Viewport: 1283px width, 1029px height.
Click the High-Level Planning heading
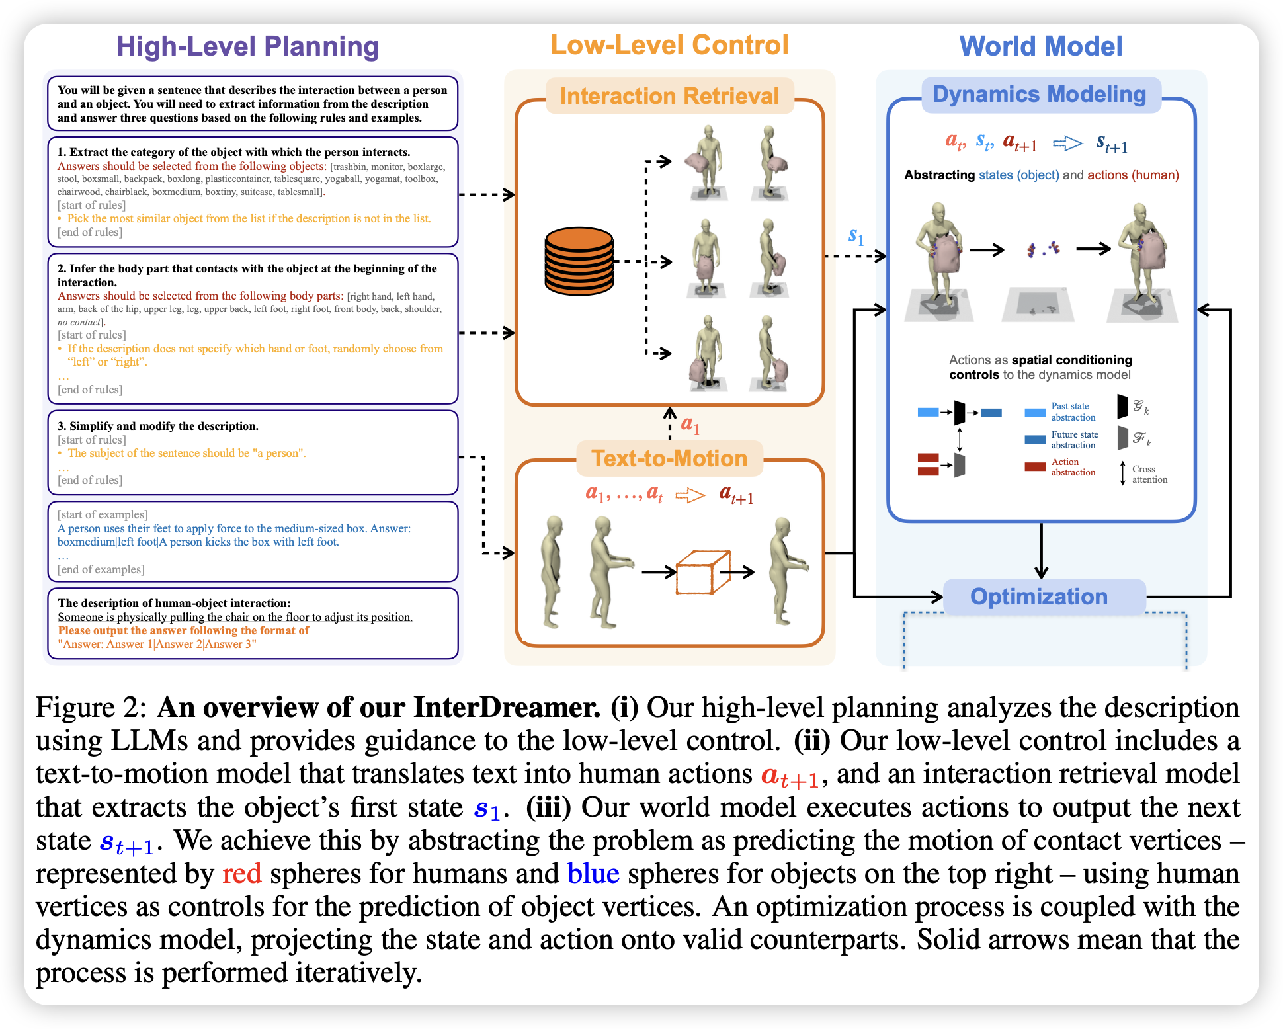pyautogui.click(x=248, y=47)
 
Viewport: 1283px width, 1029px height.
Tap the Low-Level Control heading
pyautogui.click(x=669, y=45)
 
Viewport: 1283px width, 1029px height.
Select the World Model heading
pyautogui.click(x=1041, y=46)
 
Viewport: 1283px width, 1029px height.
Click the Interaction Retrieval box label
pyautogui.click(x=669, y=96)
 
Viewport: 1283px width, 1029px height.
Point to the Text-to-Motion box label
pyautogui.click(x=669, y=458)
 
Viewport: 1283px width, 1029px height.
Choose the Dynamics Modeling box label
pyautogui.click(x=1039, y=95)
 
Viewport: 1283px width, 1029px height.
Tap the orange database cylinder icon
pyautogui.click(x=579, y=261)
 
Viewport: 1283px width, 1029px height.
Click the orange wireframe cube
pyautogui.click(x=703, y=572)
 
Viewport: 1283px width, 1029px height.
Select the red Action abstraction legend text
pyautogui.click(x=1073, y=467)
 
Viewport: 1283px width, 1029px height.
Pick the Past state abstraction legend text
pyautogui.click(x=1073, y=411)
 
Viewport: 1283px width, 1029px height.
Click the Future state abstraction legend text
pyautogui.click(x=1075, y=440)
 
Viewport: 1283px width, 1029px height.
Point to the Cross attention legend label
pyautogui.click(x=1149, y=474)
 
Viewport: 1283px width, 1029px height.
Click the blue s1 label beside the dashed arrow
pyautogui.click(x=856, y=236)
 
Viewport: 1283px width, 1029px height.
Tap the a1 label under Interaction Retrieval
pyautogui.click(x=690, y=425)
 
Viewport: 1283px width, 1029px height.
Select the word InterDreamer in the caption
pyautogui.click(x=507, y=707)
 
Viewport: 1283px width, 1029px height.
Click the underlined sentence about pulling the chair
pyautogui.click(x=235, y=617)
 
